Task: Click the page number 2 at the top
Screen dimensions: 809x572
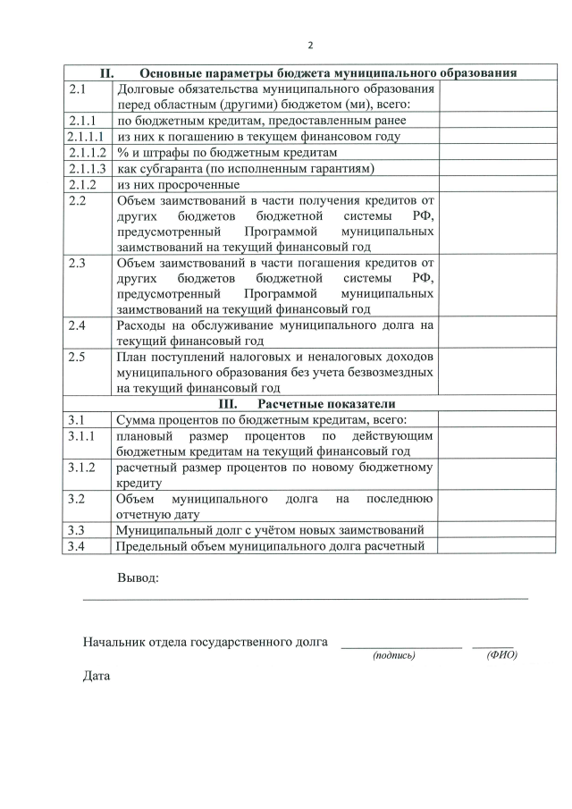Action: [310, 46]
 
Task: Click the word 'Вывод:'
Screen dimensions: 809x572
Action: [138, 577]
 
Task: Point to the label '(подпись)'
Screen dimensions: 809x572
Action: [393, 655]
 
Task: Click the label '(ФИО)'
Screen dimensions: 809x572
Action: [501, 655]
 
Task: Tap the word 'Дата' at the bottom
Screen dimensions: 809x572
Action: [97, 676]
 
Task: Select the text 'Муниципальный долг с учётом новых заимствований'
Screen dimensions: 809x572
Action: [268, 530]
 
